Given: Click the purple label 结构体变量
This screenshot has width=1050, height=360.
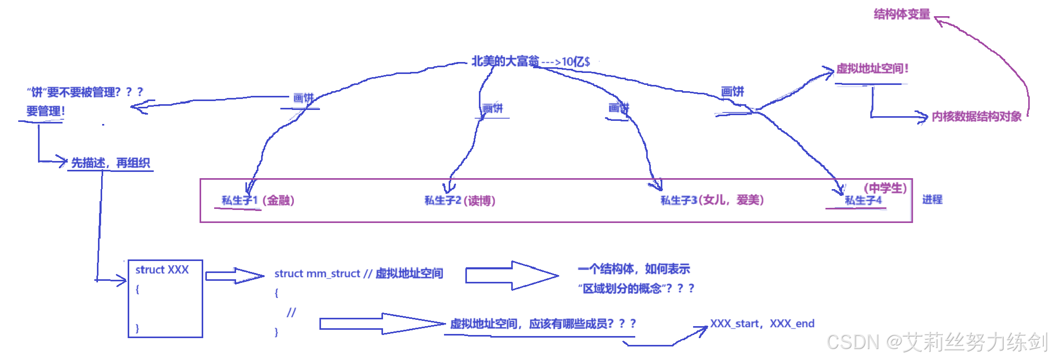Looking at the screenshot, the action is point(901,14).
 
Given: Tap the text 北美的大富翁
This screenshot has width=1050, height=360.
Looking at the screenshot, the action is point(505,61).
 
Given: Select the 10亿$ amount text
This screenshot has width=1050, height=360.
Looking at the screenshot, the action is point(576,62).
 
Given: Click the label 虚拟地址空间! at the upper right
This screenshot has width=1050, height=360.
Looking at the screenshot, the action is point(872,69).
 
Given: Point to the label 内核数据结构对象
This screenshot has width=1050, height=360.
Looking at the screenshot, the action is point(976,117).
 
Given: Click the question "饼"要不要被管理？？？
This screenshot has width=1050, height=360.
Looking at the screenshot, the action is point(85,92).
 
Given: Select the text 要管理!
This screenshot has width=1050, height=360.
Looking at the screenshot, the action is point(46,111).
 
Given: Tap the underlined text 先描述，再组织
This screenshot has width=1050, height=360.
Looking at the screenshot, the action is point(110,163).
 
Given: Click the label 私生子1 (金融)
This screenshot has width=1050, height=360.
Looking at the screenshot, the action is point(258,201).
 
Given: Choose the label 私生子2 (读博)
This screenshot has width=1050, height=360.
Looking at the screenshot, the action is point(460,201).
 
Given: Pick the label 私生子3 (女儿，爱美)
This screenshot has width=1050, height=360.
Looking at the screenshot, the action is point(712,200).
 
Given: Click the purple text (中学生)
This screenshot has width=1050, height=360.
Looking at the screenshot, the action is point(885,188).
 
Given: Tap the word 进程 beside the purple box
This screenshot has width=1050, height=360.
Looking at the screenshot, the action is point(932,200).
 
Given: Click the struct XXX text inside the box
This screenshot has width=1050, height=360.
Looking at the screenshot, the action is point(162,270).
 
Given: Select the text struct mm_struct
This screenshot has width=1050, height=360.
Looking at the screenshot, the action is point(317,274).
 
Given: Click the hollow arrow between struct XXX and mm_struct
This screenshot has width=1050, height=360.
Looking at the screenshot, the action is point(234,276).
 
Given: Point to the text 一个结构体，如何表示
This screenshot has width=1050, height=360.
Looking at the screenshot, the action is point(634,269).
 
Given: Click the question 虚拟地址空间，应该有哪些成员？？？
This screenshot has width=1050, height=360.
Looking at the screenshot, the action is point(543,324).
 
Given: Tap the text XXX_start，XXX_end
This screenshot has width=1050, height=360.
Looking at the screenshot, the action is point(762,324).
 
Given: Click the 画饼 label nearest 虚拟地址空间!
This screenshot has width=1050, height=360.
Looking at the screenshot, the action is point(732,92).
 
